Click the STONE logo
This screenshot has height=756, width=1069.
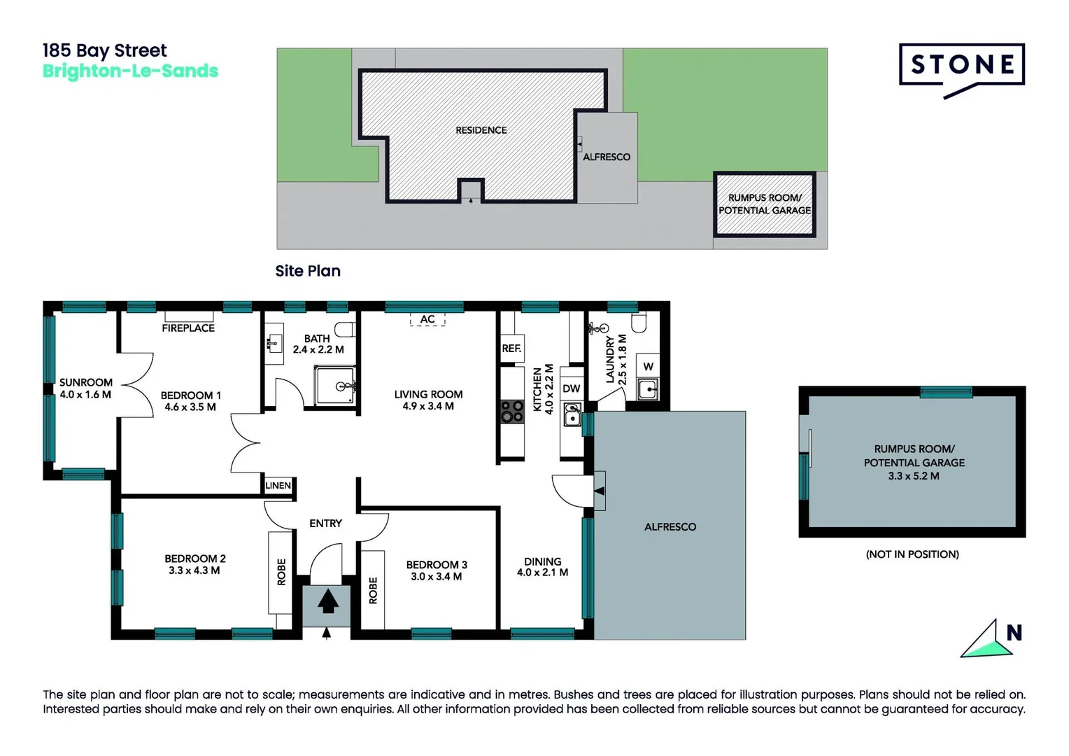tap(961, 67)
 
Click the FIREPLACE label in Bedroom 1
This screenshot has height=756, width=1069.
tap(188, 328)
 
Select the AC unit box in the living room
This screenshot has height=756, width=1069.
tap(427, 319)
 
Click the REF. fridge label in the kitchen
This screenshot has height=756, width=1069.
tap(511, 348)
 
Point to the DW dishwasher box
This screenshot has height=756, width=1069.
tap(572, 388)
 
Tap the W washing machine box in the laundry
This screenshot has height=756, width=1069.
tap(649, 366)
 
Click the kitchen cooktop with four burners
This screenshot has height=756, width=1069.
tap(512, 411)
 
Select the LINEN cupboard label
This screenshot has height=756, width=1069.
tap(278, 485)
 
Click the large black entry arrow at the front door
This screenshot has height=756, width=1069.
tap(327, 601)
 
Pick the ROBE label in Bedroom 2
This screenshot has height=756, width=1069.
tap(281, 571)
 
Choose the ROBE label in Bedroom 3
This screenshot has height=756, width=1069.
tap(373, 590)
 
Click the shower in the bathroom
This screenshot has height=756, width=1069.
tap(335, 386)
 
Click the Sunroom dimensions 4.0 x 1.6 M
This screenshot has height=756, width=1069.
tap(85, 395)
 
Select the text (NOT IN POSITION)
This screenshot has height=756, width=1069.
tap(912, 554)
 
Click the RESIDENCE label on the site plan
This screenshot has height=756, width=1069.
tap(481, 130)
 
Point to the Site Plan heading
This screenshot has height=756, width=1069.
tap(308, 271)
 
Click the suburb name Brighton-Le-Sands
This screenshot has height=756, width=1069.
tap(130, 71)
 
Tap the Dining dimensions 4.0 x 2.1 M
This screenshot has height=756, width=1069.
tap(542, 573)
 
